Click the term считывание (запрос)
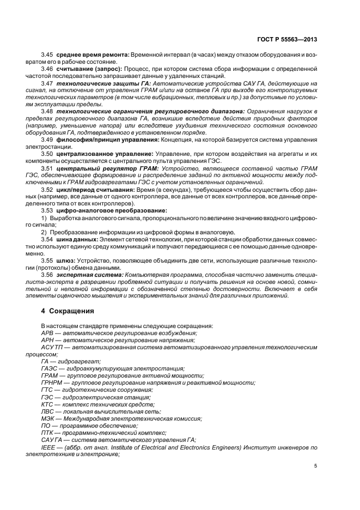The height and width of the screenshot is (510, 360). click(x=89, y=69)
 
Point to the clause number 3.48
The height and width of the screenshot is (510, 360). click(x=47, y=111)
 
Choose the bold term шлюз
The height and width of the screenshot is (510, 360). click(x=66, y=260)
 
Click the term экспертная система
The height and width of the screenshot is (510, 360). click(x=89, y=275)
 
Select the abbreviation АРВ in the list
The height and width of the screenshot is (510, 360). click(x=48, y=332)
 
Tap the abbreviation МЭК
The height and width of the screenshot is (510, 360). click(x=48, y=418)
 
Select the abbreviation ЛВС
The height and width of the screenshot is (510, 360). click(x=48, y=411)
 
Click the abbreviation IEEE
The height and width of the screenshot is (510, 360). click(x=48, y=447)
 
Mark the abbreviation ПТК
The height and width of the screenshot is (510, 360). click(x=48, y=433)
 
